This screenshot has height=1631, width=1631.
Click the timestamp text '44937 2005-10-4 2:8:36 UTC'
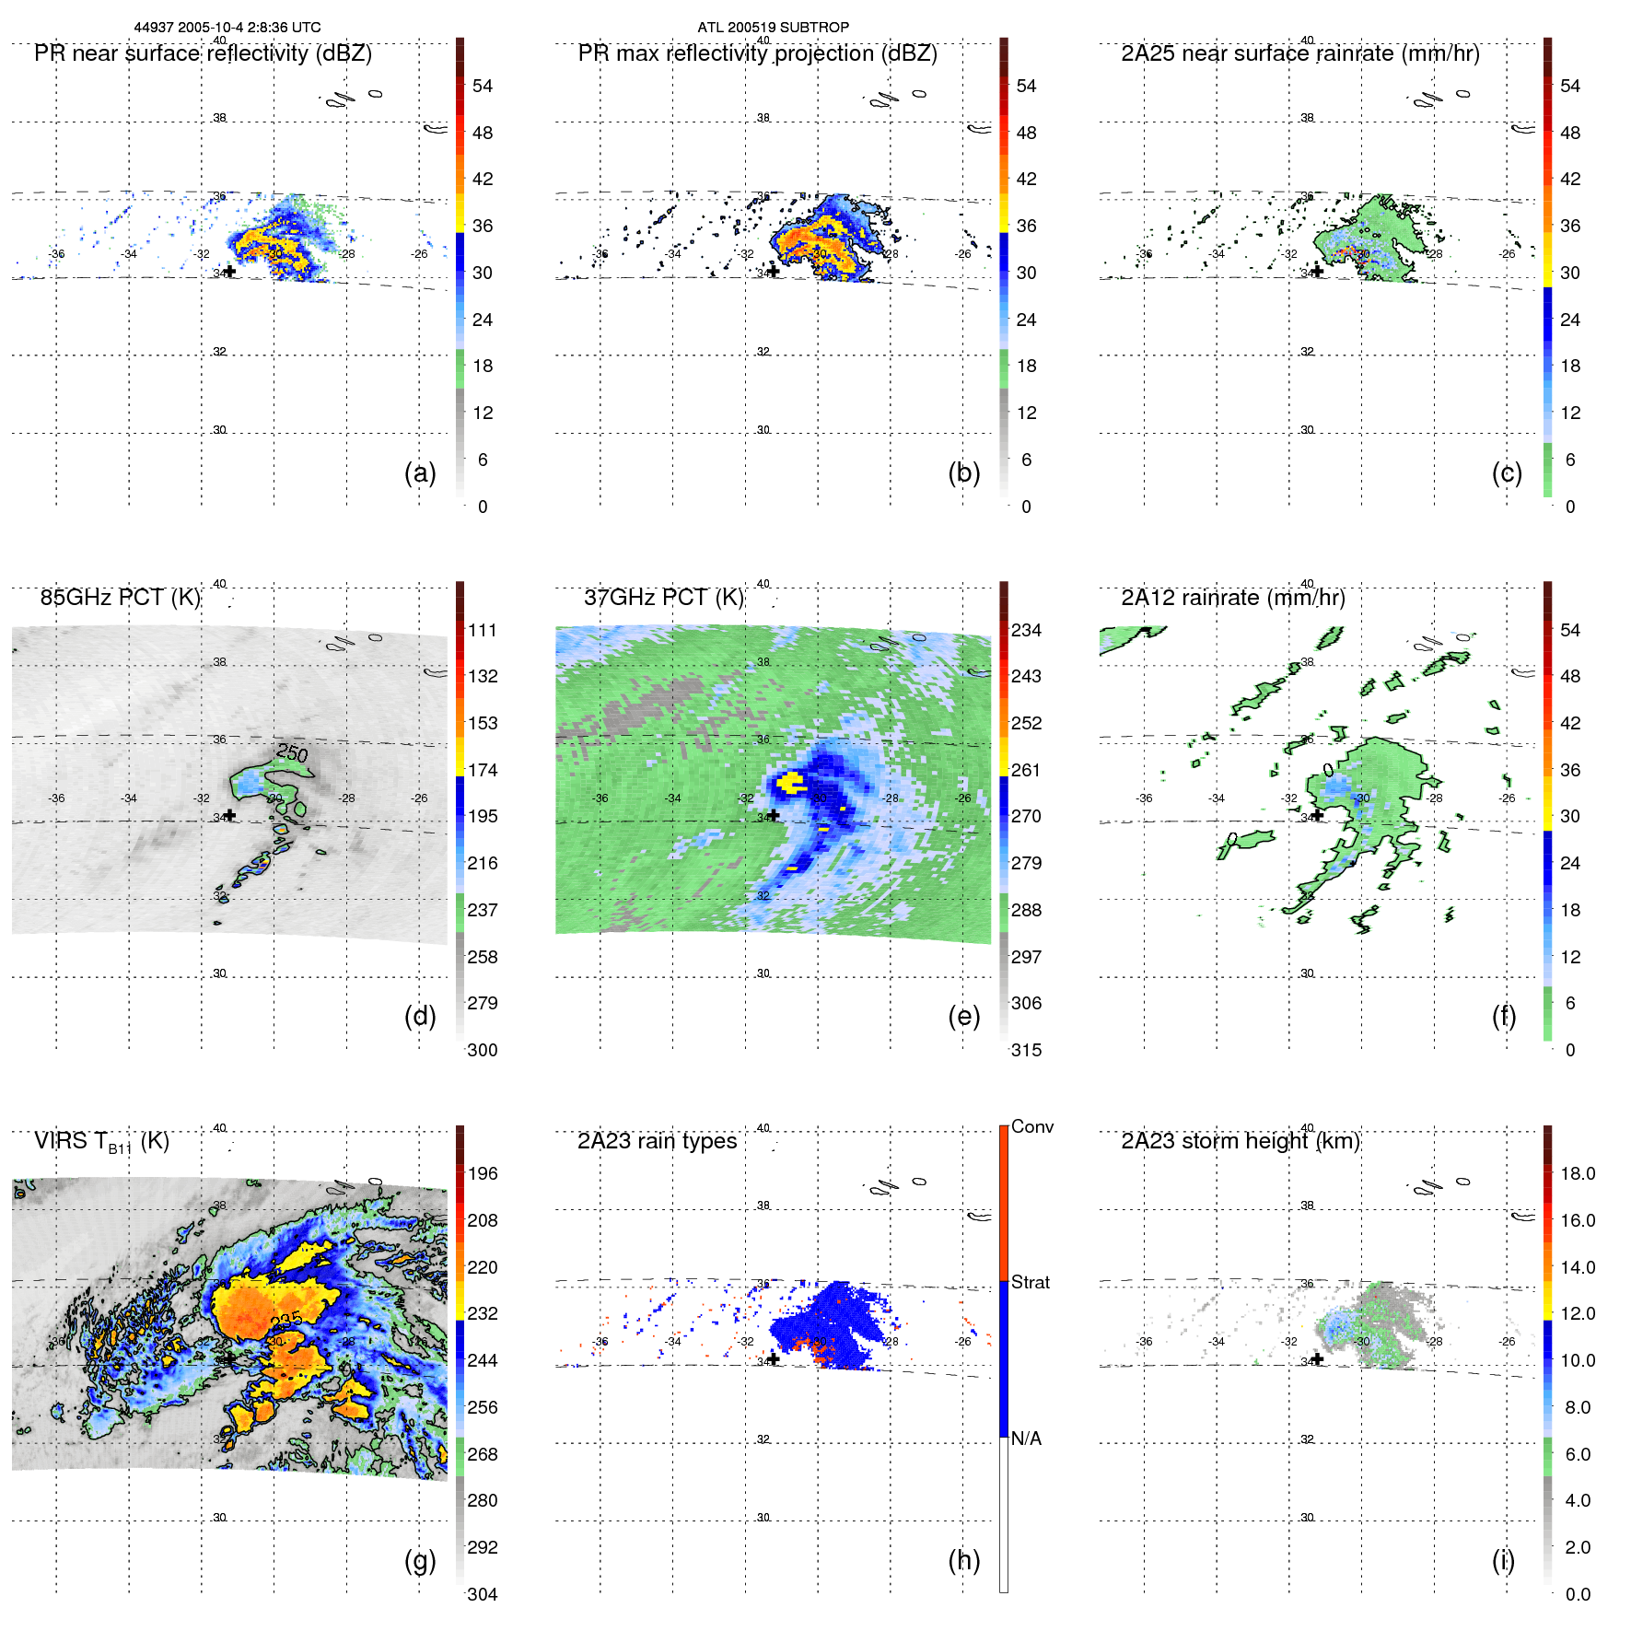(x=227, y=28)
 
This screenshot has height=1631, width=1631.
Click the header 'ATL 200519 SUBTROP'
(x=773, y=28)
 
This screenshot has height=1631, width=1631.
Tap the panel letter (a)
(x=420, y=473)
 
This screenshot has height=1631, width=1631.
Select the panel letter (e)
(x=963, y=1017)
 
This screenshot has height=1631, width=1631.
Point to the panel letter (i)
(x=1503, y=1561)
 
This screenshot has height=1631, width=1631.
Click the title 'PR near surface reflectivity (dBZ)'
(x=203, y=53)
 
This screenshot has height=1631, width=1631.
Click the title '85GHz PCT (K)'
(x=120, y=598)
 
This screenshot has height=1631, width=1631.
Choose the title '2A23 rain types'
(x=657, y=1142)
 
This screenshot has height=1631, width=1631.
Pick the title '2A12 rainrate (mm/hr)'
(x=1232, y=598)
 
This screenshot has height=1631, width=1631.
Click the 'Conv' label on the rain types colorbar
(x=1031, y=1127)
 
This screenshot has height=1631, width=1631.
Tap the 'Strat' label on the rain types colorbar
(x=1030, y=1283)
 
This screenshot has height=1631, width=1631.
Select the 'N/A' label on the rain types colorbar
(x=1026, y=1439)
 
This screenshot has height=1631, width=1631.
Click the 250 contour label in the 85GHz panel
(x=292, y=753)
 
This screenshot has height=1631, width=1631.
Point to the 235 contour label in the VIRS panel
(x=287, y=1322)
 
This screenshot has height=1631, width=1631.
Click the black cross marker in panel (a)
(x=230, y=272)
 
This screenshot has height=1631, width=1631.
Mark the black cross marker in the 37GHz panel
(x=774, y=815)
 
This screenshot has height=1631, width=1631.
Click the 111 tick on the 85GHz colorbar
(x=482, y=631)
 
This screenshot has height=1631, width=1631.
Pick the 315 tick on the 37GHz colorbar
(x=1026, y=1051)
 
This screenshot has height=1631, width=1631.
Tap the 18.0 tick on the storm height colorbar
(x=1577, y=1174)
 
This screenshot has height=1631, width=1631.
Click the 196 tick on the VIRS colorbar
(x=482, y=1174)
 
